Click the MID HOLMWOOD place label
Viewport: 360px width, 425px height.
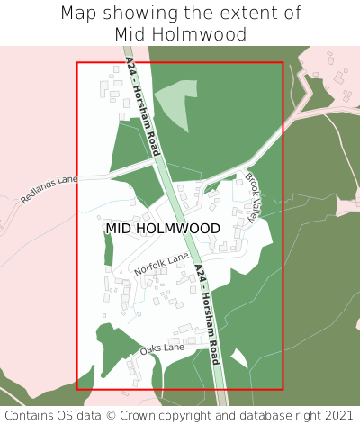[x=162, y=229]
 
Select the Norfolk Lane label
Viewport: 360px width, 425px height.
[x=162, y=265]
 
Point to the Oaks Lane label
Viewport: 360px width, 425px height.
[x=162, y=348]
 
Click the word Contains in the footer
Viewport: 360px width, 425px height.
[x=31, y=415]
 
